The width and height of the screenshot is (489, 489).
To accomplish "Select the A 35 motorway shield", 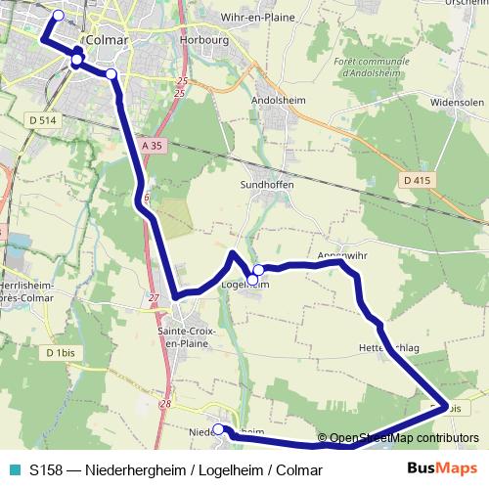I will click(151, 145).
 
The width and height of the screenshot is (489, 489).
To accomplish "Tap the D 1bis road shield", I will click(61, 352).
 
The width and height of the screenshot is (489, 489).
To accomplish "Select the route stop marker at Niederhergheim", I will click(218, 429).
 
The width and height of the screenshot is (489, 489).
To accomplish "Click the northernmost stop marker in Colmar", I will click(58, 15).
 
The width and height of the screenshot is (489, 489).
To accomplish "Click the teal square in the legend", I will click(14, 469).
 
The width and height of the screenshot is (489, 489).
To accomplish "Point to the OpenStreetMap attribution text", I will click(401, 438).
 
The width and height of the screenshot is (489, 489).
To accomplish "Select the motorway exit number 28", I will click(164, 403).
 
